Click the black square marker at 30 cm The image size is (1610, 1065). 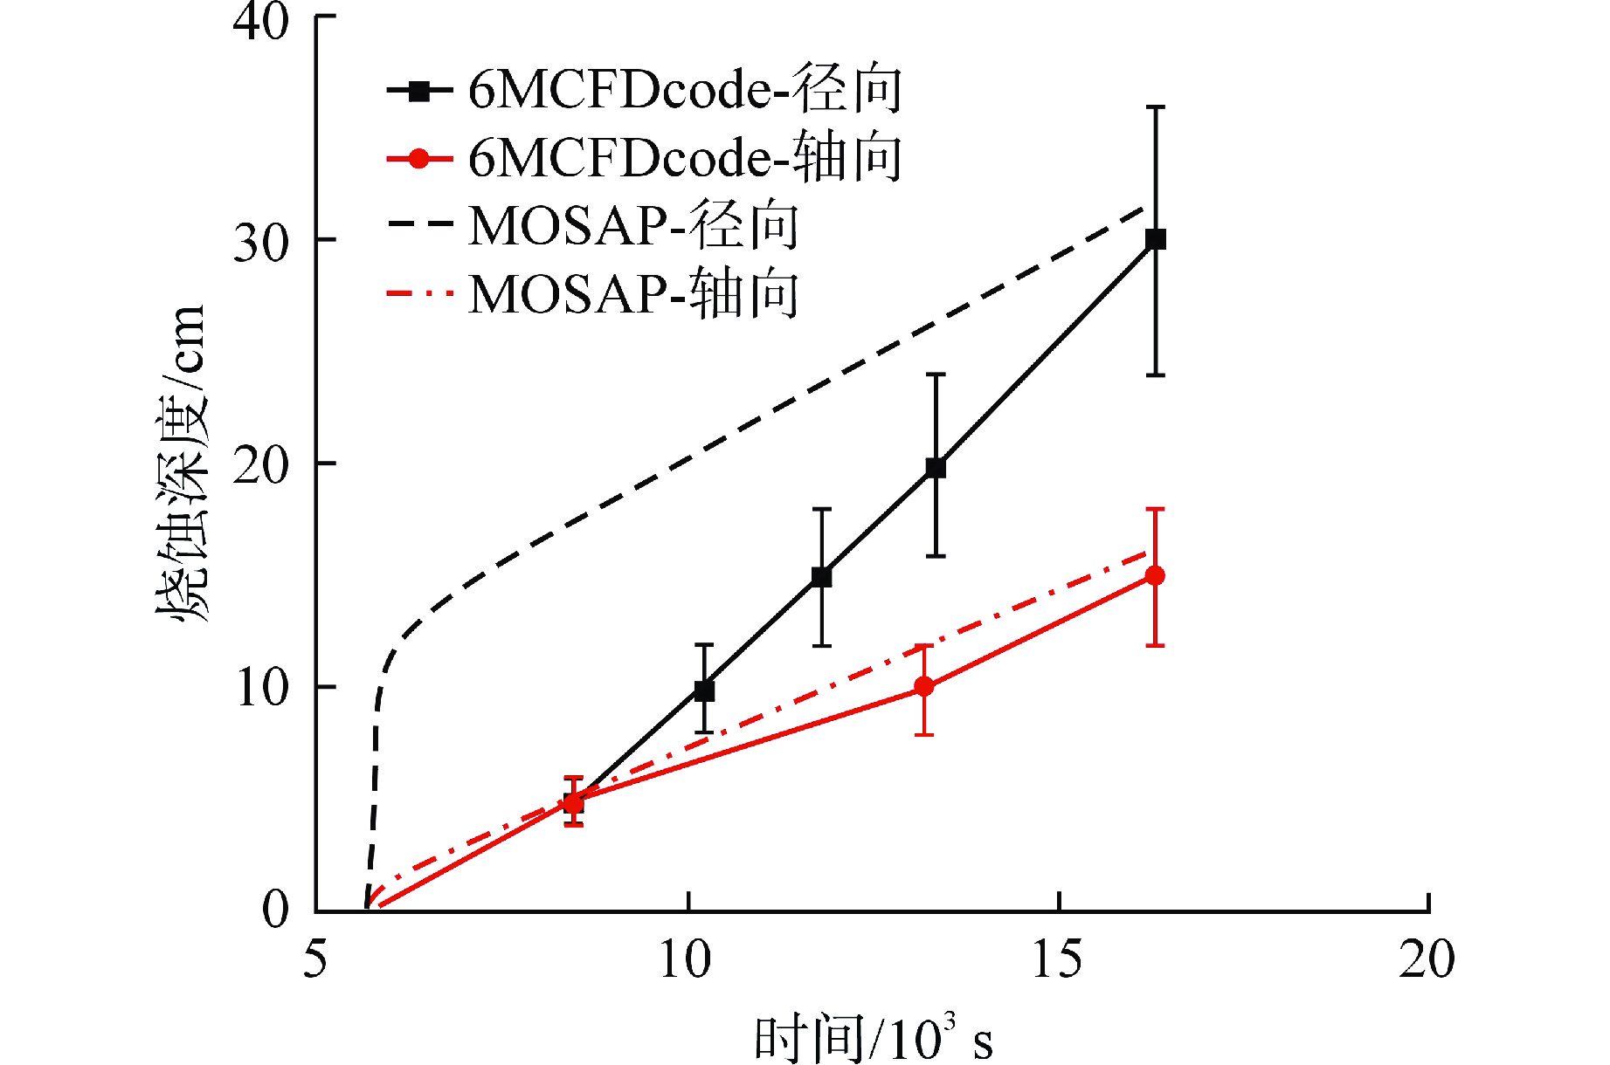pyautogui.click(x=1155, y=239)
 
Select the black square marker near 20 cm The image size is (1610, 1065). pyautogui.click(x=936, y=468)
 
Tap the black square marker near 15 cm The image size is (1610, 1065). pyautogui.click(x=821, y=577)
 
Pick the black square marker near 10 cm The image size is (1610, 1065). pyautogui.click(x=704, y=691)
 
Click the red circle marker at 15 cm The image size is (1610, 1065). pyautogui.click(x=1155, y=575)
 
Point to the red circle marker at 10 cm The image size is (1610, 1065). pyautogui.click(x=923, y=687)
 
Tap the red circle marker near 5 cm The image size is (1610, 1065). pyautogui.click(x=573, y=802)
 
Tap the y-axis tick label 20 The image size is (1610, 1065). pyautogui.click(x=260, y=465)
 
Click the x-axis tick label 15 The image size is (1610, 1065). pyautogui.click(x=1057, y=959)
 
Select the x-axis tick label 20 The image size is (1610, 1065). pyautogui.click(x=1427, y=959)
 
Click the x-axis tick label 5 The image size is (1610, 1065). pyautogui.click(x=315, y=959)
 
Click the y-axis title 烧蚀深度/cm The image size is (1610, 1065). pyautogui.click(x=182, y=463)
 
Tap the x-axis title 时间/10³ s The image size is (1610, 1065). pyautogui.click(x=872, y=1039)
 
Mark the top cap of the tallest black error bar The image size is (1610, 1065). pyautogui.click(x=1155, y=107)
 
